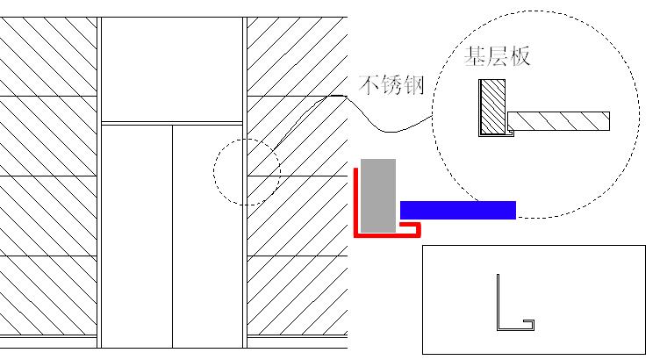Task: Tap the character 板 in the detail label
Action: (520, 56)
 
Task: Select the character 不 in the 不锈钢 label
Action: (369, 84)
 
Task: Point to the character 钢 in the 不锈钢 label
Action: (414, 84)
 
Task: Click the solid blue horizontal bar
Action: (458, 210)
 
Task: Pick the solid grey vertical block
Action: (378, 196)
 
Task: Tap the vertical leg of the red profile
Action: (355, 202)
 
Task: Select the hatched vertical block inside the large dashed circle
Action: (493, 106)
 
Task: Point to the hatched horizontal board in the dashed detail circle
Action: (559, 121)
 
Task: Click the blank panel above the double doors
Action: (172, 69)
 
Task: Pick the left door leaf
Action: (137, 236)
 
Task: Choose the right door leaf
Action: (208, 236)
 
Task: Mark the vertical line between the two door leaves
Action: (172, 236)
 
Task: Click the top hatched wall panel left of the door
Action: (48, 56)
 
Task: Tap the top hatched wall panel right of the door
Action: (298, 56)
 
